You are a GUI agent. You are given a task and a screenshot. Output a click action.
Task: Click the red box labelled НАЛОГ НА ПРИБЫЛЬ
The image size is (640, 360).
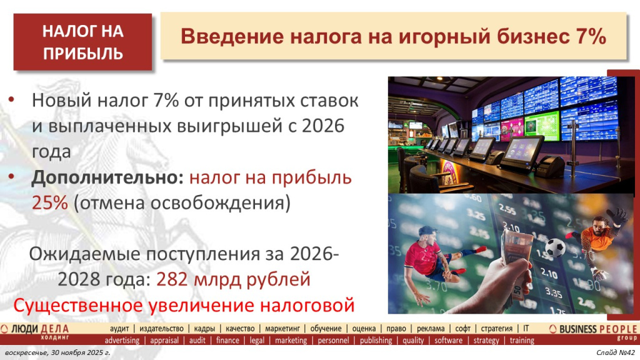point(83,42)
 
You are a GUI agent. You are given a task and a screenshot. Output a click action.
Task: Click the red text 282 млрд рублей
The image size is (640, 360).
point(233,279)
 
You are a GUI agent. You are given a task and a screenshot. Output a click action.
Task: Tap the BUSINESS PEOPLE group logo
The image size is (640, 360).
point(594,331)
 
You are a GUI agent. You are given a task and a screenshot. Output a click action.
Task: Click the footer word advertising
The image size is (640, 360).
point(122,341)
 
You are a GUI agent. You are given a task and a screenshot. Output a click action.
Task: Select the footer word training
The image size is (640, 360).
point(522,341)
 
